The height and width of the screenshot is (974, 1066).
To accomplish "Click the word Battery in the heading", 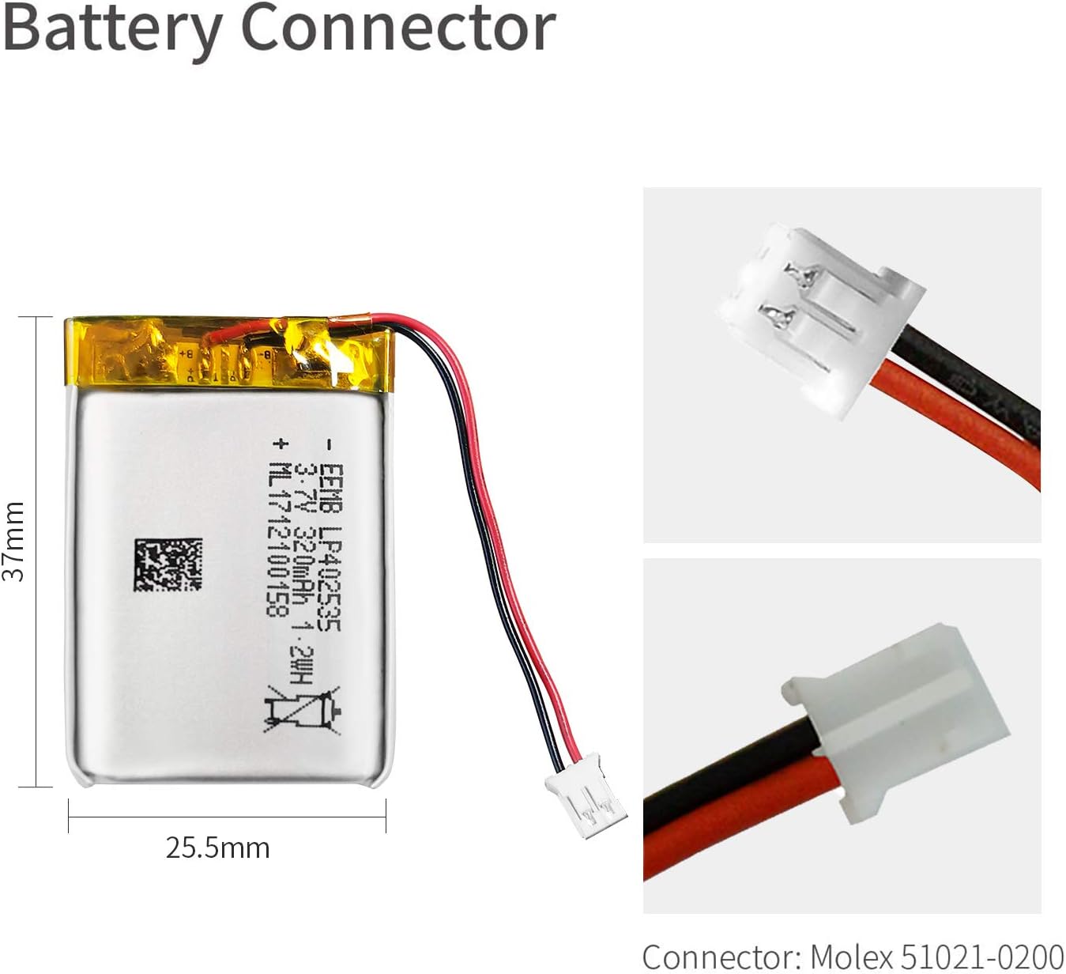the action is pos(113,29).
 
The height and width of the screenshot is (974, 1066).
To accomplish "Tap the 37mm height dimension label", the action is pos(14,542).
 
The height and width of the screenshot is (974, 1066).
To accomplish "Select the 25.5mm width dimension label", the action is pos(218,848).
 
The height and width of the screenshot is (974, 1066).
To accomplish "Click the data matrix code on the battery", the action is pos(168,564).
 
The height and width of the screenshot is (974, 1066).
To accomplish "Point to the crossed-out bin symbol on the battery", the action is pos(303,712).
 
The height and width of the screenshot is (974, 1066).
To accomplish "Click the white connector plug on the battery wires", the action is pos(586,795).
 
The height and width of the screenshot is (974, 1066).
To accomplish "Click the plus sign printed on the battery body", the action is pos(280,443).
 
